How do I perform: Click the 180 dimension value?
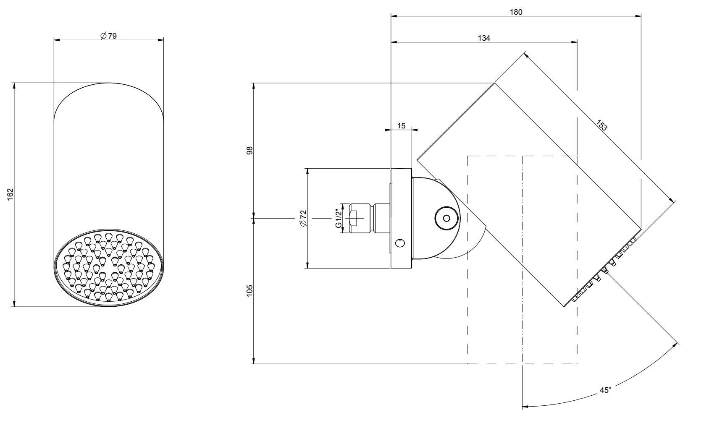click(516, 12)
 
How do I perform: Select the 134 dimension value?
click(484, 38)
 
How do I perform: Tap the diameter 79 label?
click(108, 36)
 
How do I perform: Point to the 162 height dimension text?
click(11, 194)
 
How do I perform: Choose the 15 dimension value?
click(401, 126)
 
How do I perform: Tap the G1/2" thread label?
click(338, 218)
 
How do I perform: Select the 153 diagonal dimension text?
click(601, 125)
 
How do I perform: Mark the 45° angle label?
click(605, 390)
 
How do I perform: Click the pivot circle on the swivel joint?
click(446, 218)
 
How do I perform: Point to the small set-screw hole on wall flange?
click(401, 243)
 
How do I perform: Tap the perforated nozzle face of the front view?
click(109, 267)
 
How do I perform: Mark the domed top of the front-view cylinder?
click(108, 99)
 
